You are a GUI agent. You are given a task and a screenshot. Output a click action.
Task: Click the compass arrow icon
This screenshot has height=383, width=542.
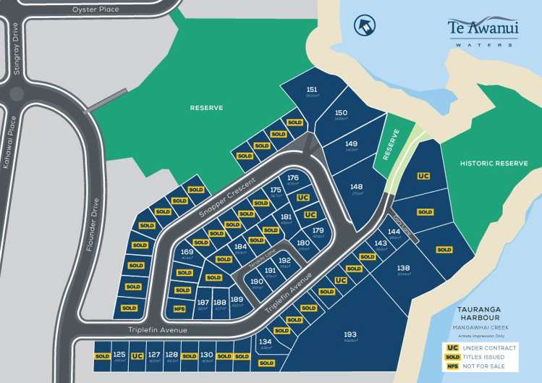pyautogui.click(x=364, y=26)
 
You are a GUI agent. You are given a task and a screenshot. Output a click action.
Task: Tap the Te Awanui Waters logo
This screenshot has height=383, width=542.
pyautogui.click(x=481, y=31)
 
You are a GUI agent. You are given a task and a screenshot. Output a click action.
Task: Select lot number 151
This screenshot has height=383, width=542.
pyautogui.click(x=312, y=91)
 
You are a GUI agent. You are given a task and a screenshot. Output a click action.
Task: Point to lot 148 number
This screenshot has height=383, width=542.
pyautogui.click(x=356, y=187)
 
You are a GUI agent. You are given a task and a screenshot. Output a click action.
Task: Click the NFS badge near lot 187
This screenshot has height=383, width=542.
pyautogui.click(x=179, y=308)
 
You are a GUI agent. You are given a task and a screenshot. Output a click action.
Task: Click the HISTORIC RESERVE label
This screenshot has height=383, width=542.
pyautogui.click(x=494, y=164)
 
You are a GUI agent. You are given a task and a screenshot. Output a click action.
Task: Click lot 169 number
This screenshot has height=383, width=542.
pyautogui.click(x=187, y=253)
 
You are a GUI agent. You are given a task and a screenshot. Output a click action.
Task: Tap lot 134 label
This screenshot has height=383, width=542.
pyautogui.click(x=265, y=342)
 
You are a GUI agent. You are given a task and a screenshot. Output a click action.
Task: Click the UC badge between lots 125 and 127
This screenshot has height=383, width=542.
pyautogui.click(x=137, y=356)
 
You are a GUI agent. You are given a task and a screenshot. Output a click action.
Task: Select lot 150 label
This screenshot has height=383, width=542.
pyautogui.click(x=342, y=113)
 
